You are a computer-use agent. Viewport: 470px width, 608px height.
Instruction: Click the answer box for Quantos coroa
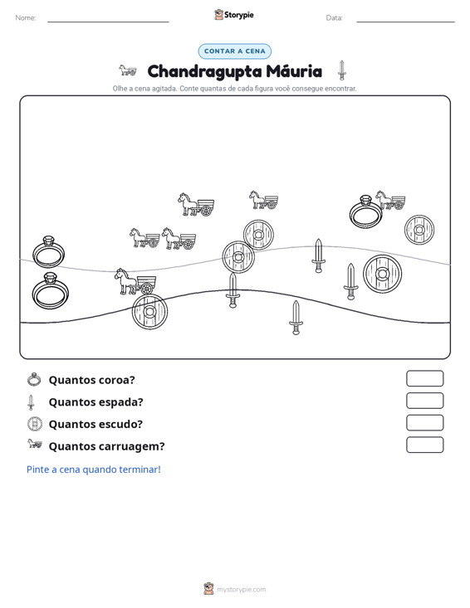[424, 378]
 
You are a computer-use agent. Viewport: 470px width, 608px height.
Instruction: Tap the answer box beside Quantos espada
[424, 401]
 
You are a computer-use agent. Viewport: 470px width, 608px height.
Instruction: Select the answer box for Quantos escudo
[424, 423]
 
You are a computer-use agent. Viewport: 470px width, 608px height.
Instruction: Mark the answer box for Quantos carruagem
[424, 445]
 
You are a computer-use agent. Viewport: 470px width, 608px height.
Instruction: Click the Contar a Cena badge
[234, 51]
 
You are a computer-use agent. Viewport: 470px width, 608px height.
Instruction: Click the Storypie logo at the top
[234, 15]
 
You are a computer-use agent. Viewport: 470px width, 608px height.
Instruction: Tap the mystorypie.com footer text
[241, 590]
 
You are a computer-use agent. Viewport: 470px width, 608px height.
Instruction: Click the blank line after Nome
[108, 22]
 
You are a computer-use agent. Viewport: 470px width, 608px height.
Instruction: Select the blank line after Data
[405, 22]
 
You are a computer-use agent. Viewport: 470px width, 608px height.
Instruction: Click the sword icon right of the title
[341, 71]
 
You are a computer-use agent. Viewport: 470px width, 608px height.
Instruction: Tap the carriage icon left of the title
[128, 71]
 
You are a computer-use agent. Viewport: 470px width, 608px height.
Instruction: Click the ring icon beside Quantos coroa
[34, 379]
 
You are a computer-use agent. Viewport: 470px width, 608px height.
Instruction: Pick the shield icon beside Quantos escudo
[35, 424]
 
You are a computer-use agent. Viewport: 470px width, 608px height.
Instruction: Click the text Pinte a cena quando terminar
[94, 469]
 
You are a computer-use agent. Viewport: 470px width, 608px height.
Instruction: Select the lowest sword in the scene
[296, 317]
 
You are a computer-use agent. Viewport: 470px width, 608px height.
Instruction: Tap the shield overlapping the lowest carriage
[149, 311]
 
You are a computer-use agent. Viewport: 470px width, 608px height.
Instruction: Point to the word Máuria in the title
[294, 71]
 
